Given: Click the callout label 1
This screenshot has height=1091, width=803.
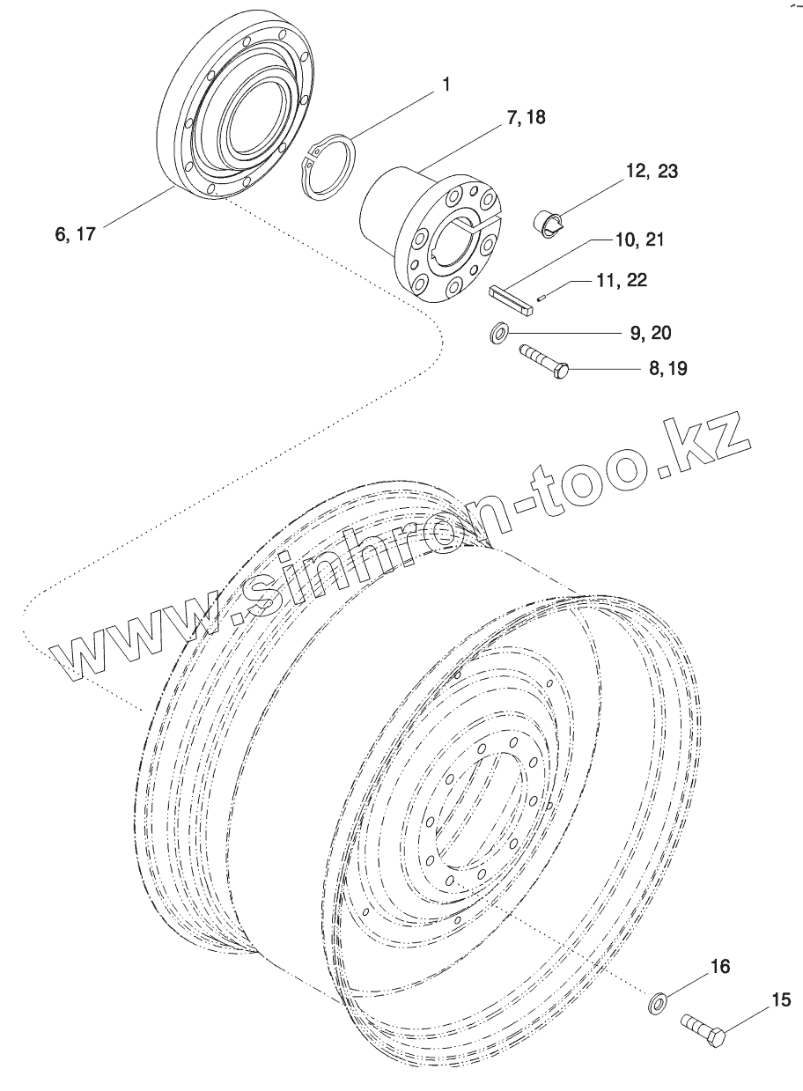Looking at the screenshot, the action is click(x=446, y=85).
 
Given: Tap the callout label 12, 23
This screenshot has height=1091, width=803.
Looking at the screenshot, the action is click(x=652, y=172).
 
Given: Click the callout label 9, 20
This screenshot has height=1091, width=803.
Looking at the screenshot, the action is click(x=649, y=333).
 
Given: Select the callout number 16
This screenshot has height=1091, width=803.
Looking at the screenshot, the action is click(x=719, y=967).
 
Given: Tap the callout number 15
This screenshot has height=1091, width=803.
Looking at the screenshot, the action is click(x=781, y=999).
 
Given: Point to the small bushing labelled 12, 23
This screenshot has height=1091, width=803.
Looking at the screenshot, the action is click(x=549, y=224).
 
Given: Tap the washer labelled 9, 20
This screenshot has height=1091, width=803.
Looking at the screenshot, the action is click(x=500, y=335).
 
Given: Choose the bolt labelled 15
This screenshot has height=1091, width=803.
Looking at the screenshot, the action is click(x=704, y=1030).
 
